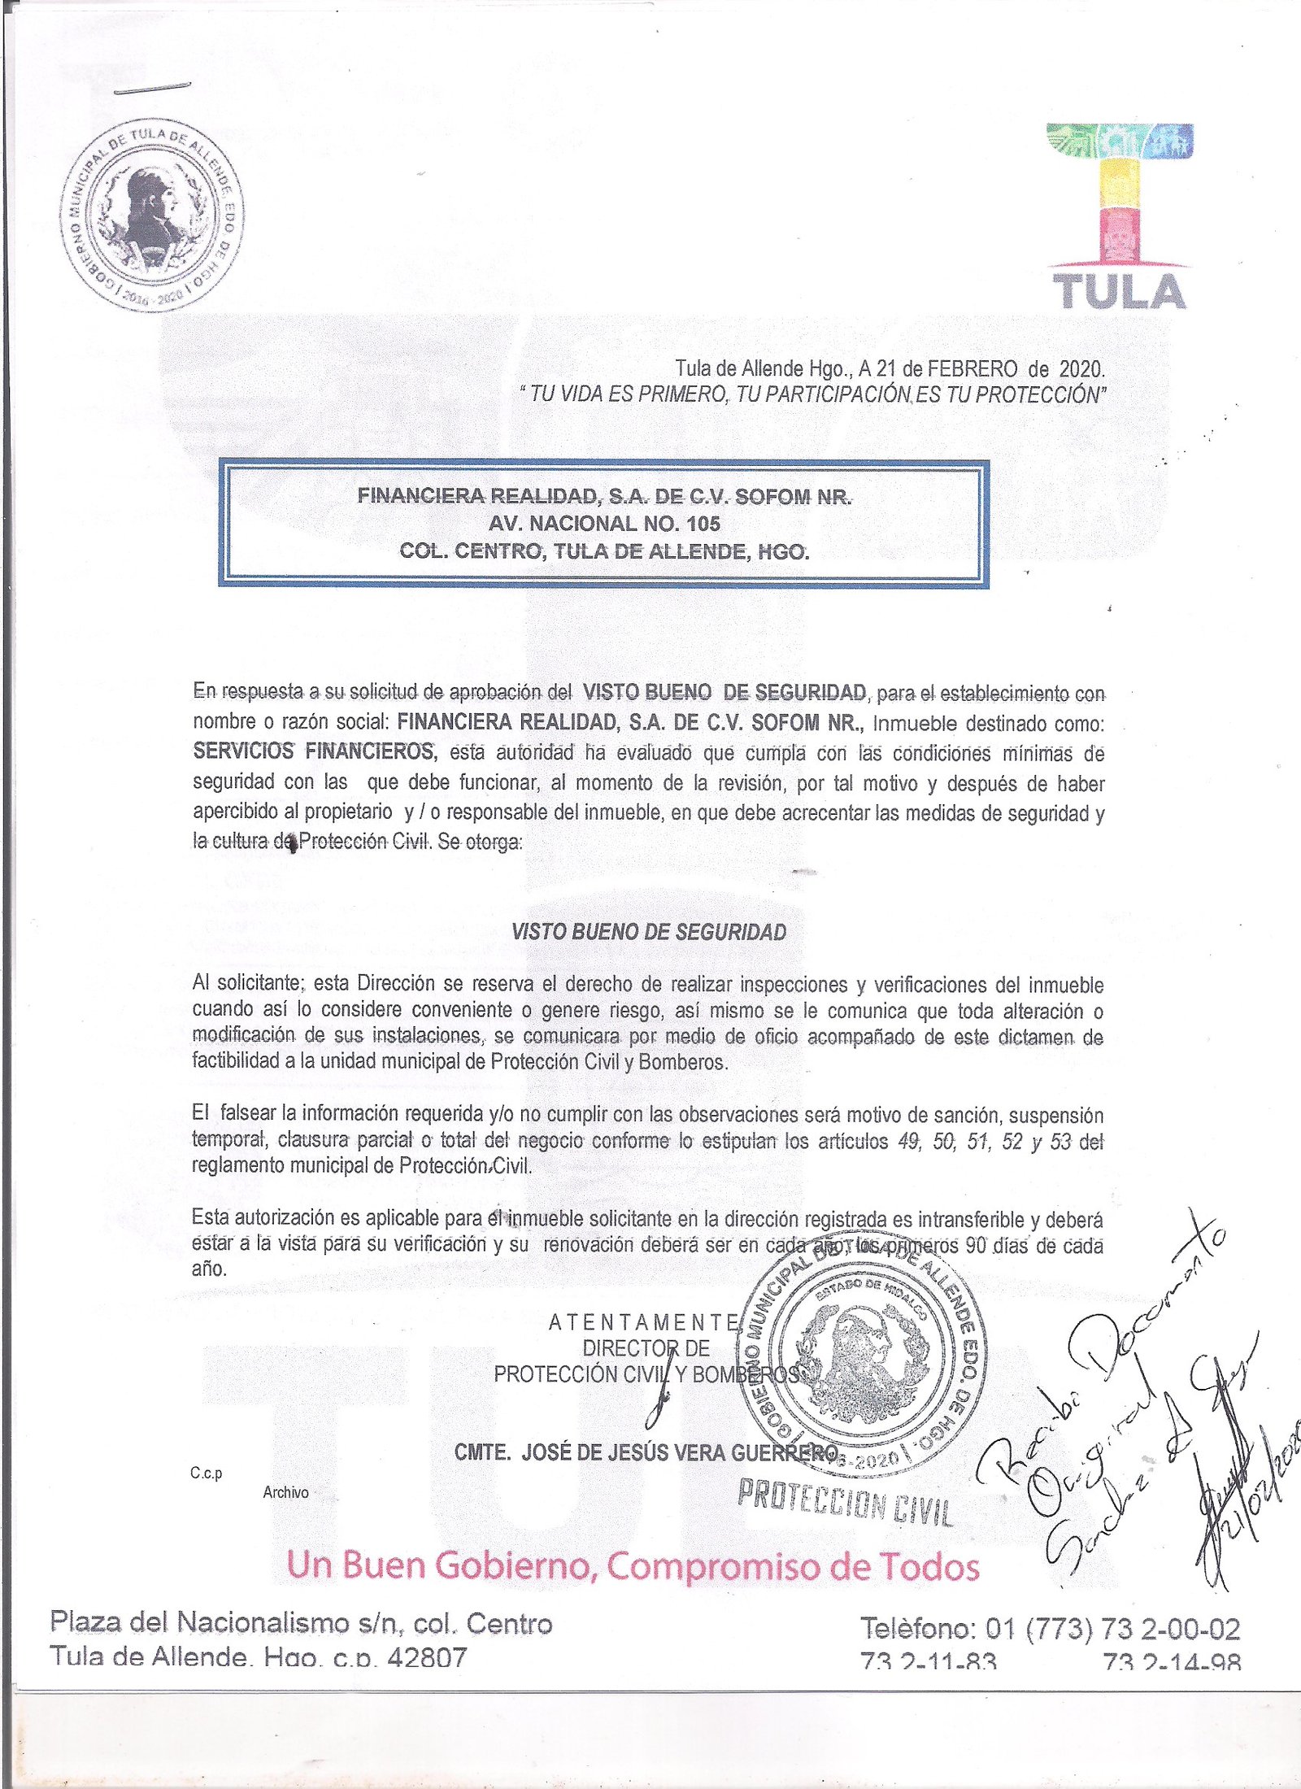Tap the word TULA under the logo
click(1119, 292)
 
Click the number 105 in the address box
click(703, 524)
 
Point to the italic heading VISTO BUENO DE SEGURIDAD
click(649, 932)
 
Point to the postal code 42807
click(427, 1658)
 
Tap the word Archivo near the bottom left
click(285, 1492)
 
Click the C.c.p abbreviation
click(206, 1473)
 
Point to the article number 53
click(1060, 1142)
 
